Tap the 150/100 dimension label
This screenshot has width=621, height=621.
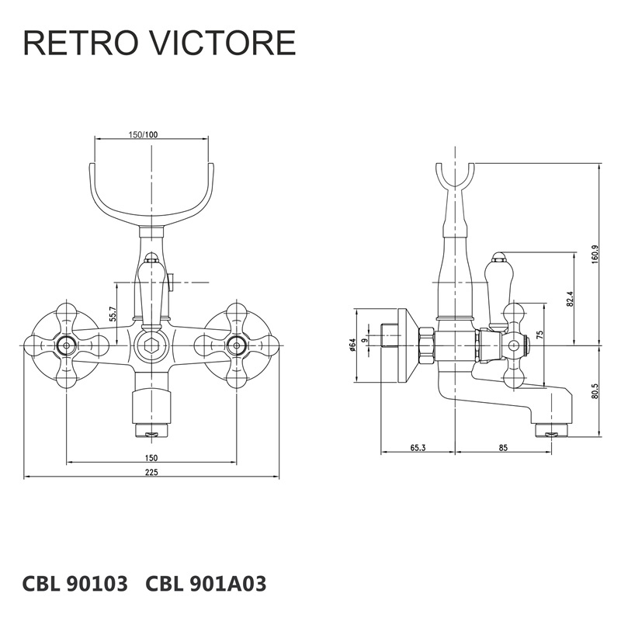pyautogui.click(x=143, y=135)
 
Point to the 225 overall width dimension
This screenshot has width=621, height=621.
pyautogui.click(x=151, y=473)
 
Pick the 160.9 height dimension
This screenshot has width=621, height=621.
pyautogui.click(x=595, y=254)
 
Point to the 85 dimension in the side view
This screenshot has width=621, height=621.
pyautogui.click(x=503, y=447)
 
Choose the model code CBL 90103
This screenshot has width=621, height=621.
pyautogui.click(x=75, y=583)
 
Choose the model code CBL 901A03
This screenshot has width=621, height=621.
pyautogui.click(x=206, y=583)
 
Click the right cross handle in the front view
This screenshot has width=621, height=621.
pyautogui.click(x=236, y=345)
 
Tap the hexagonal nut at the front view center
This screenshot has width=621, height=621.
pyautogui.click(x=151, y=345)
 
